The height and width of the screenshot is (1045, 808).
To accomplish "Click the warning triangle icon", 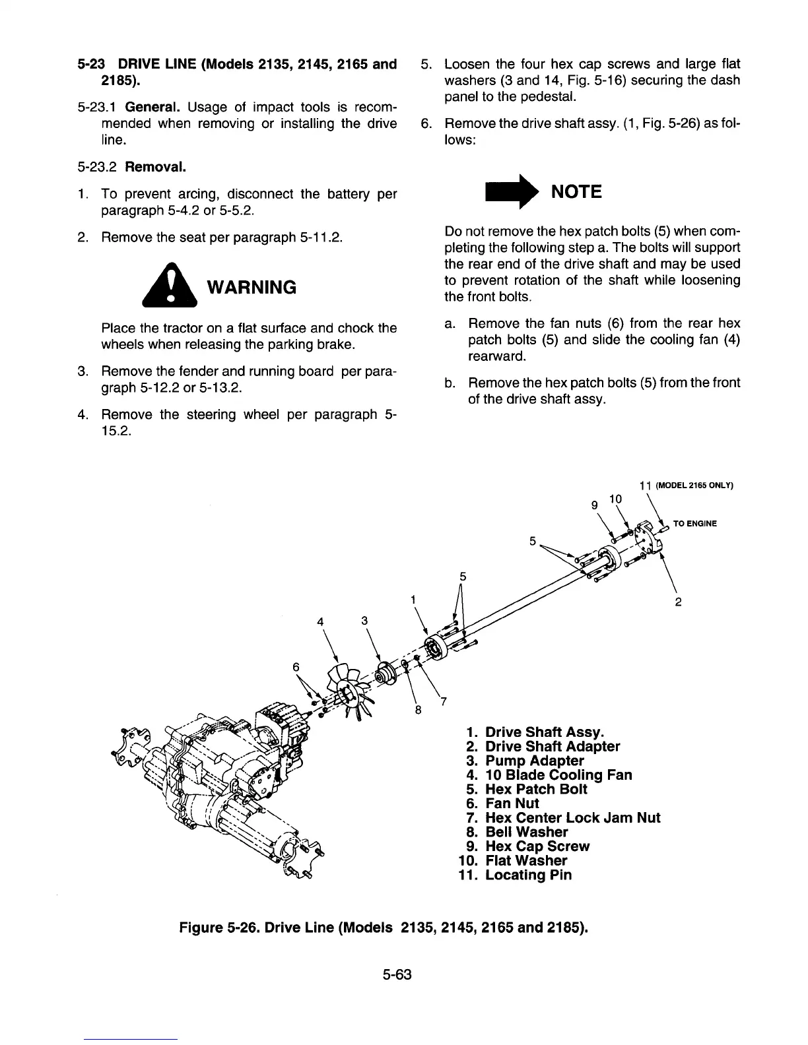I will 171,286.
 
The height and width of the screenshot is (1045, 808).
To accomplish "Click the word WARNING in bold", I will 252,288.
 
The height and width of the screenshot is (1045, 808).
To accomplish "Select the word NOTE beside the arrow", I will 576,192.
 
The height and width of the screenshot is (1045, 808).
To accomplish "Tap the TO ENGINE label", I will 694,524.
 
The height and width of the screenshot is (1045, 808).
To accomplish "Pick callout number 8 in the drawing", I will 418,710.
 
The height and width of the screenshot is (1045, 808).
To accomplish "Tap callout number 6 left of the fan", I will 296,666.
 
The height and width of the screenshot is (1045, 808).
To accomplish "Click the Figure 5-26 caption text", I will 384,928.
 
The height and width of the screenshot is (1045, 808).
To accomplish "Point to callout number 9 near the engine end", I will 594,505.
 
